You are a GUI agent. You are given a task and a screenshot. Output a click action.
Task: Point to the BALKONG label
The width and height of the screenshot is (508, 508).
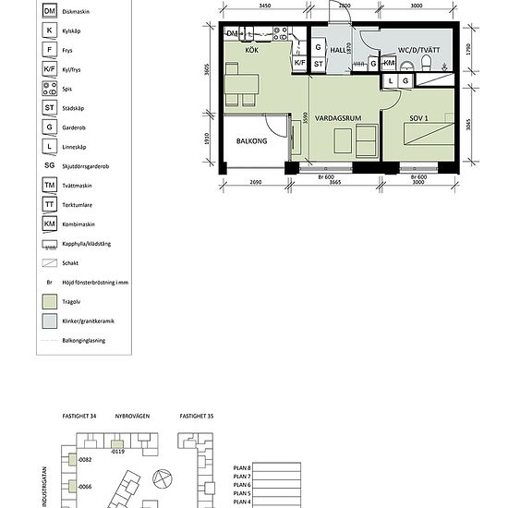[251, 142]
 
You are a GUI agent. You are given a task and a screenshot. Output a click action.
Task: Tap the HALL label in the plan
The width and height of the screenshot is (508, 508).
[338, 50]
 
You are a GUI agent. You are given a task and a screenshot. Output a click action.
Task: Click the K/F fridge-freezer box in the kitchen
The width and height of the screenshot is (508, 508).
[299, 64]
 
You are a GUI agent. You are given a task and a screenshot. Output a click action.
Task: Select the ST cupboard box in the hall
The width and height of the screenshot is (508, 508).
[318, 64]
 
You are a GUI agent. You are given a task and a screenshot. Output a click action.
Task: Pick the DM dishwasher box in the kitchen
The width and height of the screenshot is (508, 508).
[233, 34]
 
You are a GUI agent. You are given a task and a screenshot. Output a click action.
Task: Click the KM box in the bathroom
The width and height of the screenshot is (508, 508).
[389, 64]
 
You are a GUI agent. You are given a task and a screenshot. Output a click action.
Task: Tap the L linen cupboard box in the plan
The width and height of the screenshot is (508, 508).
[391, 81]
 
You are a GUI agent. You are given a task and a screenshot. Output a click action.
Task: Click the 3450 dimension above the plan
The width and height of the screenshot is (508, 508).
[265, 6]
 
